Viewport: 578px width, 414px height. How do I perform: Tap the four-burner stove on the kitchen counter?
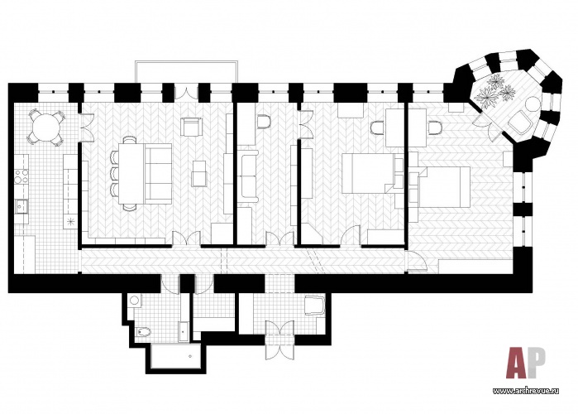[x=21, y=176]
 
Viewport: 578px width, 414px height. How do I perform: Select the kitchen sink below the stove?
[x=21, y=206]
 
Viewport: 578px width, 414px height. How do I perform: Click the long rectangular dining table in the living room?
[x=131, y=173]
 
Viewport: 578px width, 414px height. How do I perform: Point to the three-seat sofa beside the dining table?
[x=158, y=173]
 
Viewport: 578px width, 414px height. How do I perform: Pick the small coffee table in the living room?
[x=199, y=173]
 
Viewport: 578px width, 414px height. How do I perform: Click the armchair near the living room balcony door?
[x=192, y=126]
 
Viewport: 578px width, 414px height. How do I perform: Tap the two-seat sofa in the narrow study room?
[x=250, y=176]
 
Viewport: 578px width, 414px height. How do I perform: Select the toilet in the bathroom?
[x=143, y=333]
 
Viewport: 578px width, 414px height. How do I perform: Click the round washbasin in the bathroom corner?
[x=134, y=300]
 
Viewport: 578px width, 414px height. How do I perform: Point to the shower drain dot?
[x=190, y=356]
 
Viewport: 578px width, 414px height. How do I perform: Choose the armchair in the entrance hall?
[x=314, y=306]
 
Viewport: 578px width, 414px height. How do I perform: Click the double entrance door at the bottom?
[x=280, y=339]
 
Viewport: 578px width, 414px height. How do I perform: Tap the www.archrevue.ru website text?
[x=526, y=392]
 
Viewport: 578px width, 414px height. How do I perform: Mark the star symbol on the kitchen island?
[x=70, y=221]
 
